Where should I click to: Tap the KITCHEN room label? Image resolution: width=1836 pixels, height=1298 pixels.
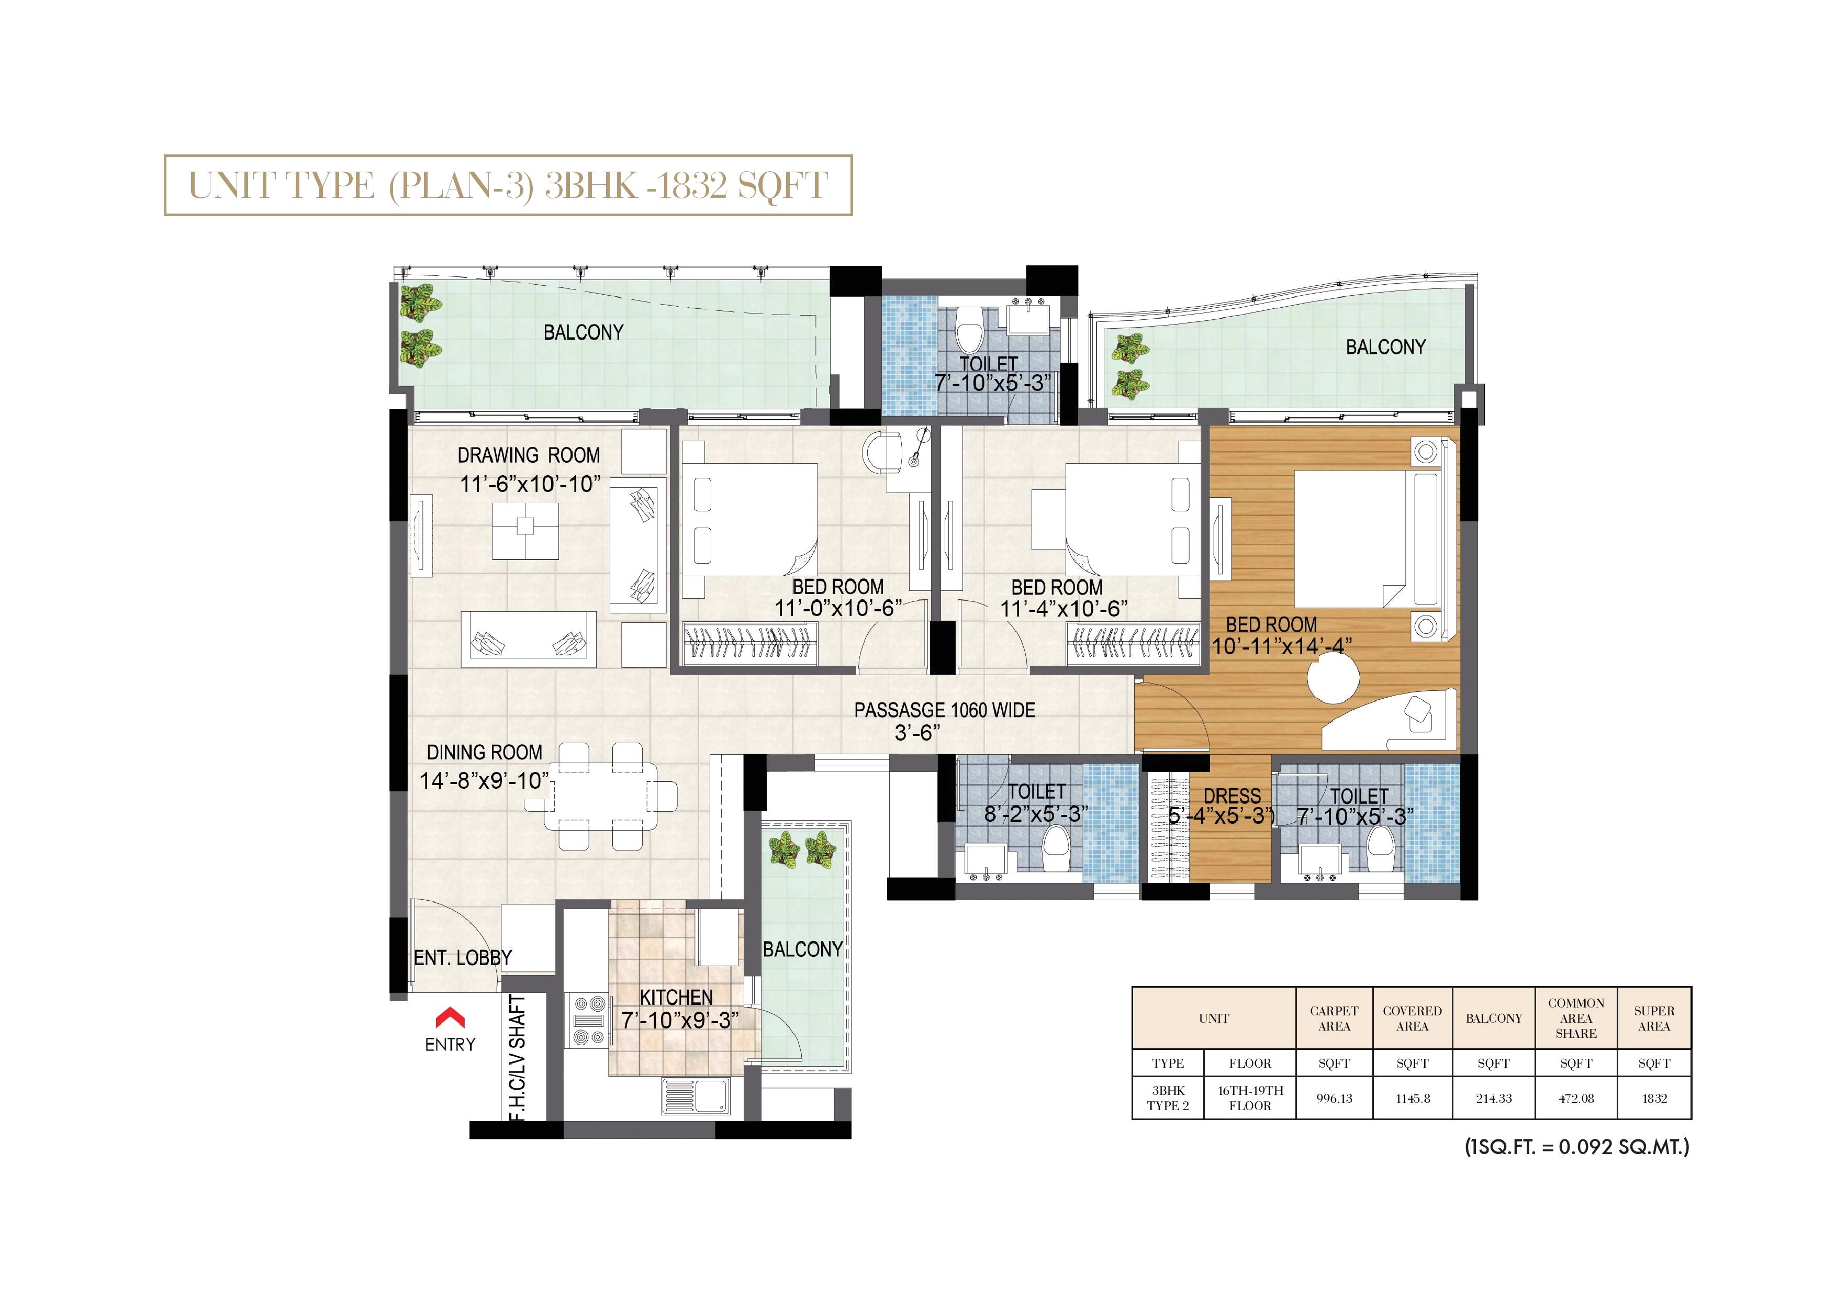click(x=677, y=997)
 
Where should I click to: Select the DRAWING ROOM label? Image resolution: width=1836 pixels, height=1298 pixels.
click(x=529, y=455)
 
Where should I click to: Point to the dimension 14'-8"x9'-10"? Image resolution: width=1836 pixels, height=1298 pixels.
click(x=485, y=780)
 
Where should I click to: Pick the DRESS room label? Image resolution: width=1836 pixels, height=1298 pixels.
click(x=1232, y=797)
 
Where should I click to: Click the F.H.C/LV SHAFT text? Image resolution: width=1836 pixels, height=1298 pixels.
click(x=518, y=1057)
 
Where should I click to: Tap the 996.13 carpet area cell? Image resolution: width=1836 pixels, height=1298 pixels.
click(x=1334, y=1098)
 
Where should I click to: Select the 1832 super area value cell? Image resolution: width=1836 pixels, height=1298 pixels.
click(x=1654, y=1098)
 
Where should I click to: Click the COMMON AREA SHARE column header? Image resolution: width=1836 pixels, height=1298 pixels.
click(x=1576, y=1018)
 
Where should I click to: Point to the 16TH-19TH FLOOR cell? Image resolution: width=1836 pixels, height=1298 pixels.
click(x=1250, y=1098)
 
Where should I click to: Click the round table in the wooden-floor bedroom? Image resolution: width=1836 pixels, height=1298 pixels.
click(x=1333, y=680)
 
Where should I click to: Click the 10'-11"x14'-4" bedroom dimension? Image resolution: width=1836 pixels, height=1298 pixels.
click(x=1282, y=645)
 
